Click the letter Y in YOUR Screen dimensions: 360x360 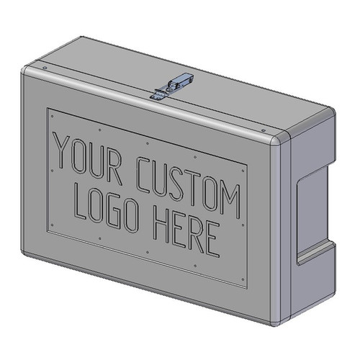63,151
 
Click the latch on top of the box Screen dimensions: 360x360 174,86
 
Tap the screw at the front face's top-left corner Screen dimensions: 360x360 45,69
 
